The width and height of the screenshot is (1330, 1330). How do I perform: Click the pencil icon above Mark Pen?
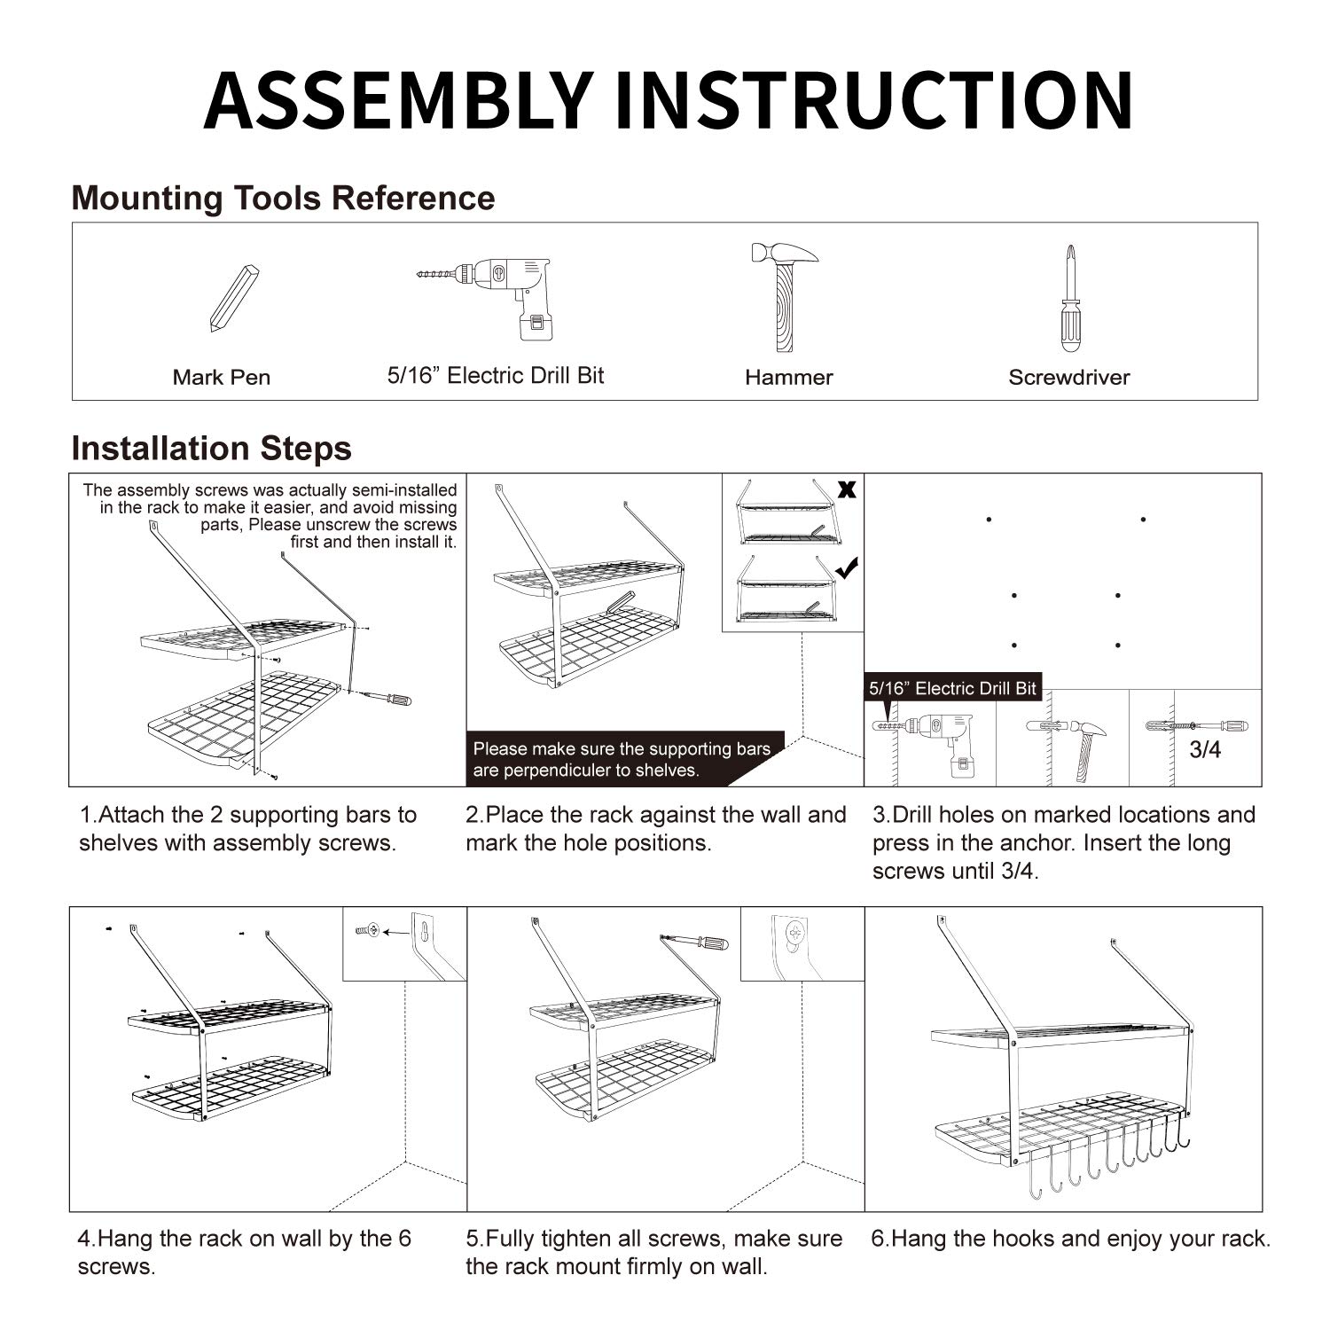[234, 298]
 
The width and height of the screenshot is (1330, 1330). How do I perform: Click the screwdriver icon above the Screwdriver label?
[1071, 299]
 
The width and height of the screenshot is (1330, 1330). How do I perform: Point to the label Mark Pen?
[221, 378]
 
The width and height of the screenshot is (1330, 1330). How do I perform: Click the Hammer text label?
[788, 378]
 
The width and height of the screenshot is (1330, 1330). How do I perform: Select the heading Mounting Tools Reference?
[283, 198]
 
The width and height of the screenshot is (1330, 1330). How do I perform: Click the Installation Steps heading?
[211, 449]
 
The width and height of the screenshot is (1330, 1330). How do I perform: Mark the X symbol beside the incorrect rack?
[847, 489]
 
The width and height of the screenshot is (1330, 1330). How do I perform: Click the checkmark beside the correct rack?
[847, 568]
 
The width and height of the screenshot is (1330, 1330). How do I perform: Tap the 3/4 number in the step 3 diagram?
[1205, 750]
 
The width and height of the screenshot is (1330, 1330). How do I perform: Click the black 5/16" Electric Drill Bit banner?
[952, 688]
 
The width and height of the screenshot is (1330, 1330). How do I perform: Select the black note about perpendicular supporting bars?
[622, 760]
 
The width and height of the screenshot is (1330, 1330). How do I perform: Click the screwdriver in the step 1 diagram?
[387, 699]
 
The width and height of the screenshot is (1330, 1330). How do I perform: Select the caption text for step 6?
[1071, 1239]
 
